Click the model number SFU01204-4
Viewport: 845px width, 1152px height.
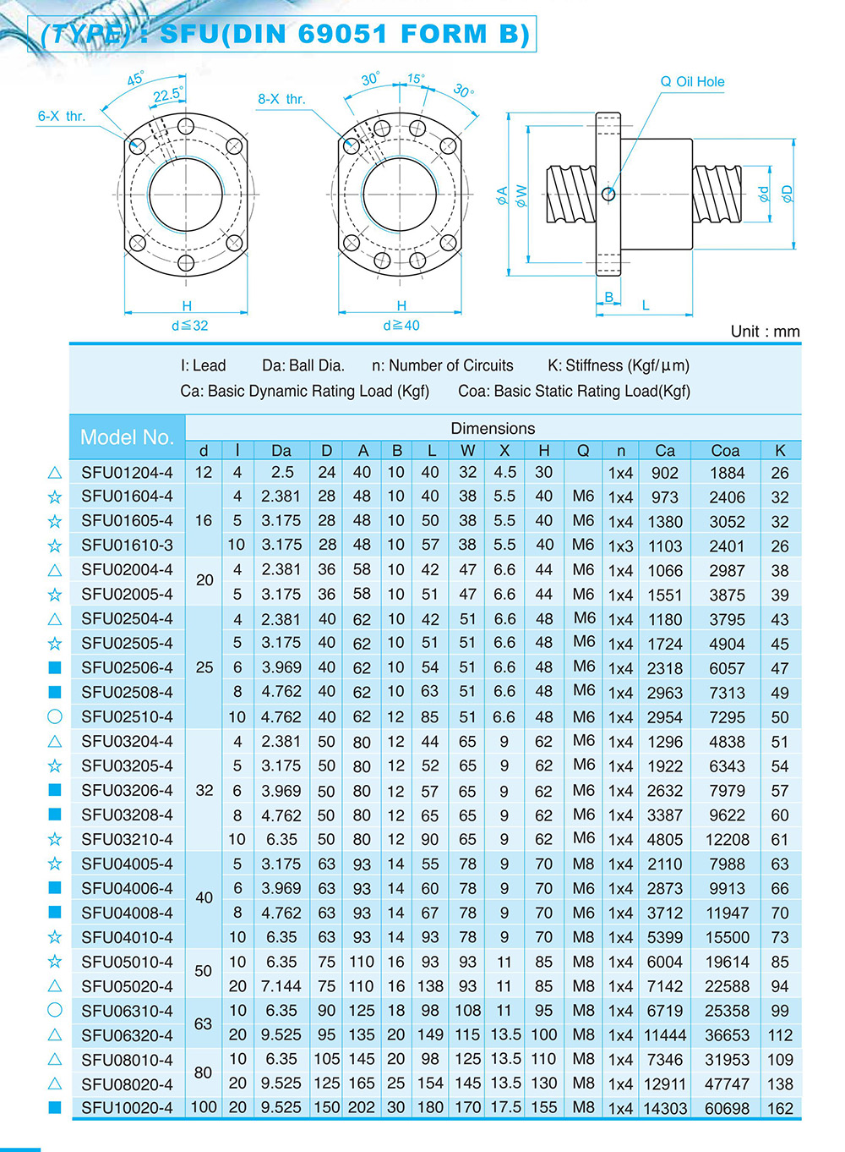point(127,473)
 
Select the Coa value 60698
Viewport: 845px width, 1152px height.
point(727,1108)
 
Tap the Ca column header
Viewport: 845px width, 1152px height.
point(665,451)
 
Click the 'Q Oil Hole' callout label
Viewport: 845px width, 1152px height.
point(692,82)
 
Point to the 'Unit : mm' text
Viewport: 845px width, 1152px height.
point(765,332)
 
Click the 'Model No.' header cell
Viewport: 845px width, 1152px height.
point(127,437)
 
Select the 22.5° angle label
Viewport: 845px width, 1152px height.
point(166,95)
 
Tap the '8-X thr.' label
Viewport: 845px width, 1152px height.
point(281,99)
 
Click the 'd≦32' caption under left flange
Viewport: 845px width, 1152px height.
point(189,326)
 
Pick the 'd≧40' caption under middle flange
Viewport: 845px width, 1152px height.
point(401,326)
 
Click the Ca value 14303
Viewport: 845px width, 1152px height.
point(665,1108)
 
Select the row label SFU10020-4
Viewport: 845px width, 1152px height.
point(127,1108)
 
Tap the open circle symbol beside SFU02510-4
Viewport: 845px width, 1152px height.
point(55,716)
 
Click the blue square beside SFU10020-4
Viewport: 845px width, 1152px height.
point(55,1107)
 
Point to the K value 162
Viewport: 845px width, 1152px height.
point(779,1108)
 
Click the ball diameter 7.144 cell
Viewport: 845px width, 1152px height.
point(281,986)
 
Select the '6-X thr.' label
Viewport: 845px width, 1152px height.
point(62,116)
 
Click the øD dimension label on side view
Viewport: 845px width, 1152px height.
point(788,194)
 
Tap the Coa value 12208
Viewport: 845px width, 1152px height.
point(727,840)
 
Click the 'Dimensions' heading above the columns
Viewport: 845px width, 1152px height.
point(493,428)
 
